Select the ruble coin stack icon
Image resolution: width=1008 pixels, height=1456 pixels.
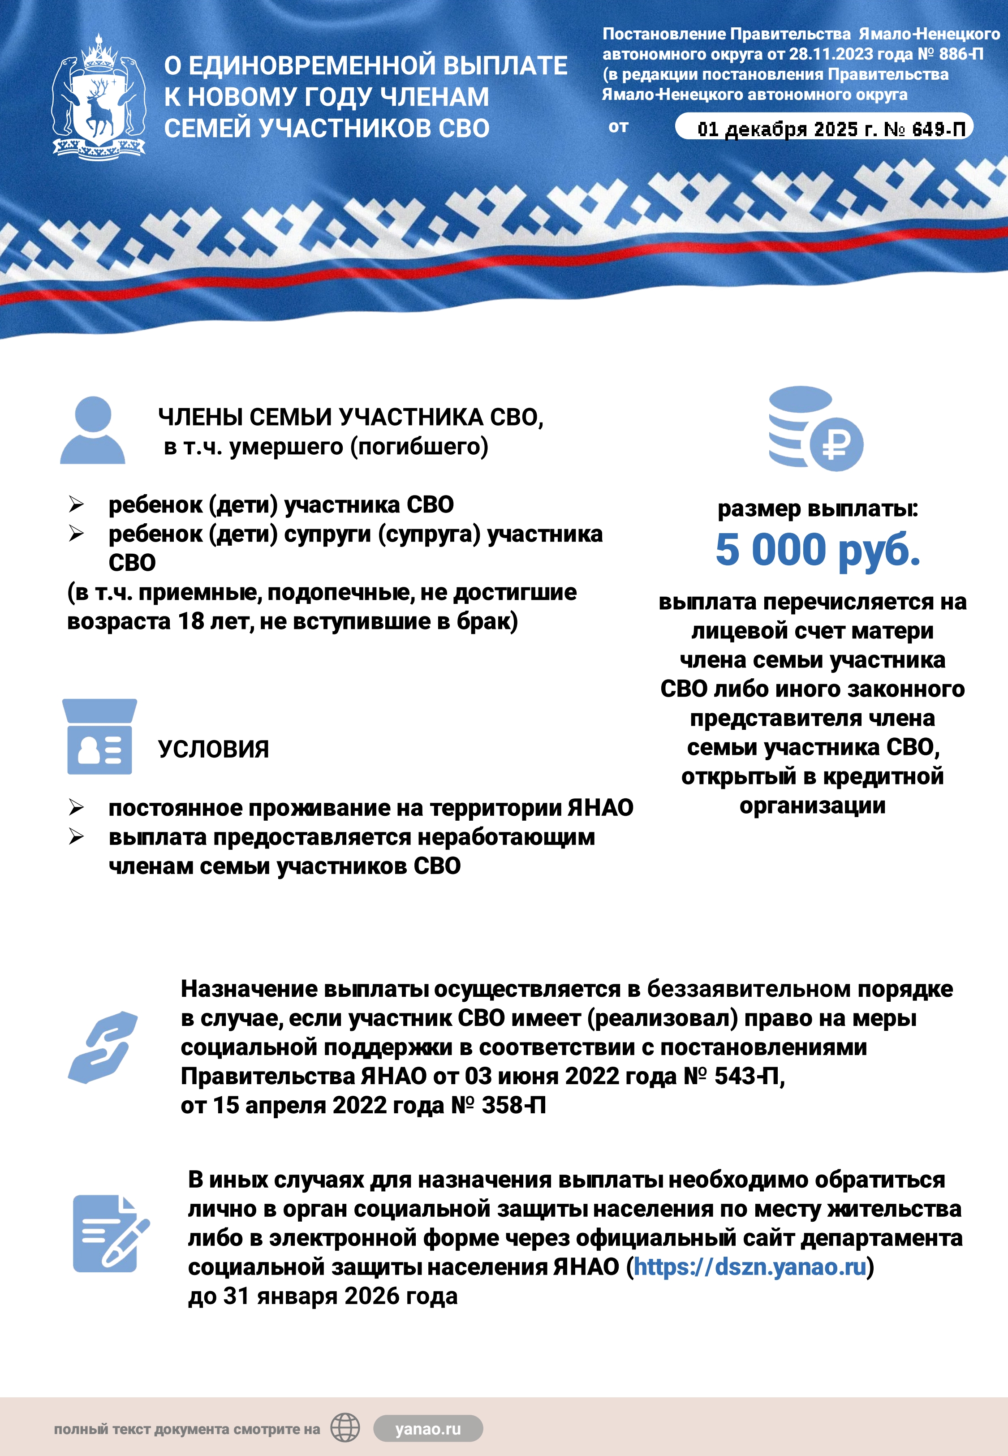[815, 429]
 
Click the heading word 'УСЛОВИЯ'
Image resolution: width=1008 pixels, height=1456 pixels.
[214, 750]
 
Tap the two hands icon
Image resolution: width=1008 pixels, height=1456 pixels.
[103, 1047]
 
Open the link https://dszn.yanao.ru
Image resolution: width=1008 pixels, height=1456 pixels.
[750, 1266]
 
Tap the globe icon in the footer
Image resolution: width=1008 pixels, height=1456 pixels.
[345, 1428]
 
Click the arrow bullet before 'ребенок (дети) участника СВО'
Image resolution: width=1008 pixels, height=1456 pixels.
[77, 504]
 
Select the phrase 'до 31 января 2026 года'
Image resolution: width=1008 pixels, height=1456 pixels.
[323, 1296]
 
